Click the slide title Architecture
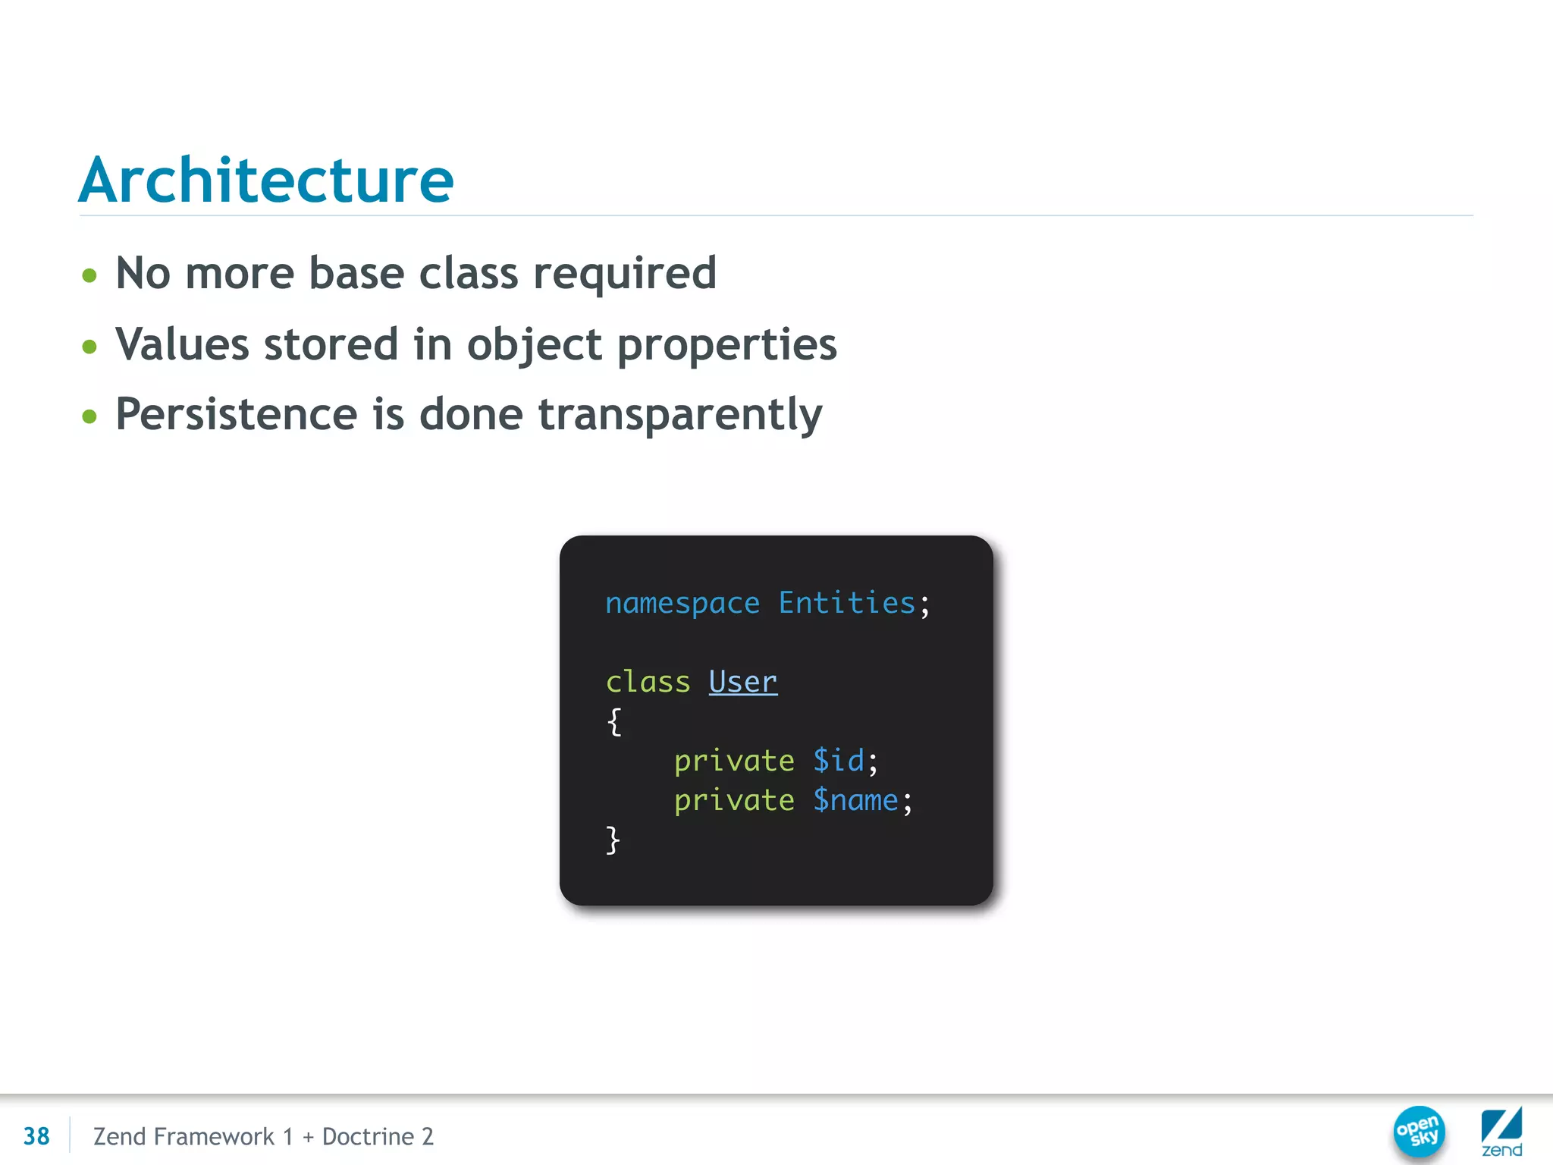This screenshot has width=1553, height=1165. [266, 181]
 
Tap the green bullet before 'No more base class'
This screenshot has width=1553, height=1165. [89, 275]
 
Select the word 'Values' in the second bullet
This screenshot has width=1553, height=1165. [181, 344]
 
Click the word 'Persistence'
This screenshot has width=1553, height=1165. [236, 414]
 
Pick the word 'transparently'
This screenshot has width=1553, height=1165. [680, 416]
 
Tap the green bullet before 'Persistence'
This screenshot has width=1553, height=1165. [89, 416]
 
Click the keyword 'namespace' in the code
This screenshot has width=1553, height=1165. [682, 604]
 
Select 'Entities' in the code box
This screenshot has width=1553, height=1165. [846, 603]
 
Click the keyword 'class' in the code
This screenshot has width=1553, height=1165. [648, 682]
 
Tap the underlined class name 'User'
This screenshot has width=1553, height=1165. [742, 682]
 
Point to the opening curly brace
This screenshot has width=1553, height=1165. [614, 721]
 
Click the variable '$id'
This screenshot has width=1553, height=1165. [839, 761]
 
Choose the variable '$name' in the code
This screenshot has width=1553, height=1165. [855, 800]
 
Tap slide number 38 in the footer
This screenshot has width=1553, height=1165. [36, 1136]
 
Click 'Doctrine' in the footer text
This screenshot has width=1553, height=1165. [368, 1136]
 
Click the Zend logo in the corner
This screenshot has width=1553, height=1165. [1501, 1132]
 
